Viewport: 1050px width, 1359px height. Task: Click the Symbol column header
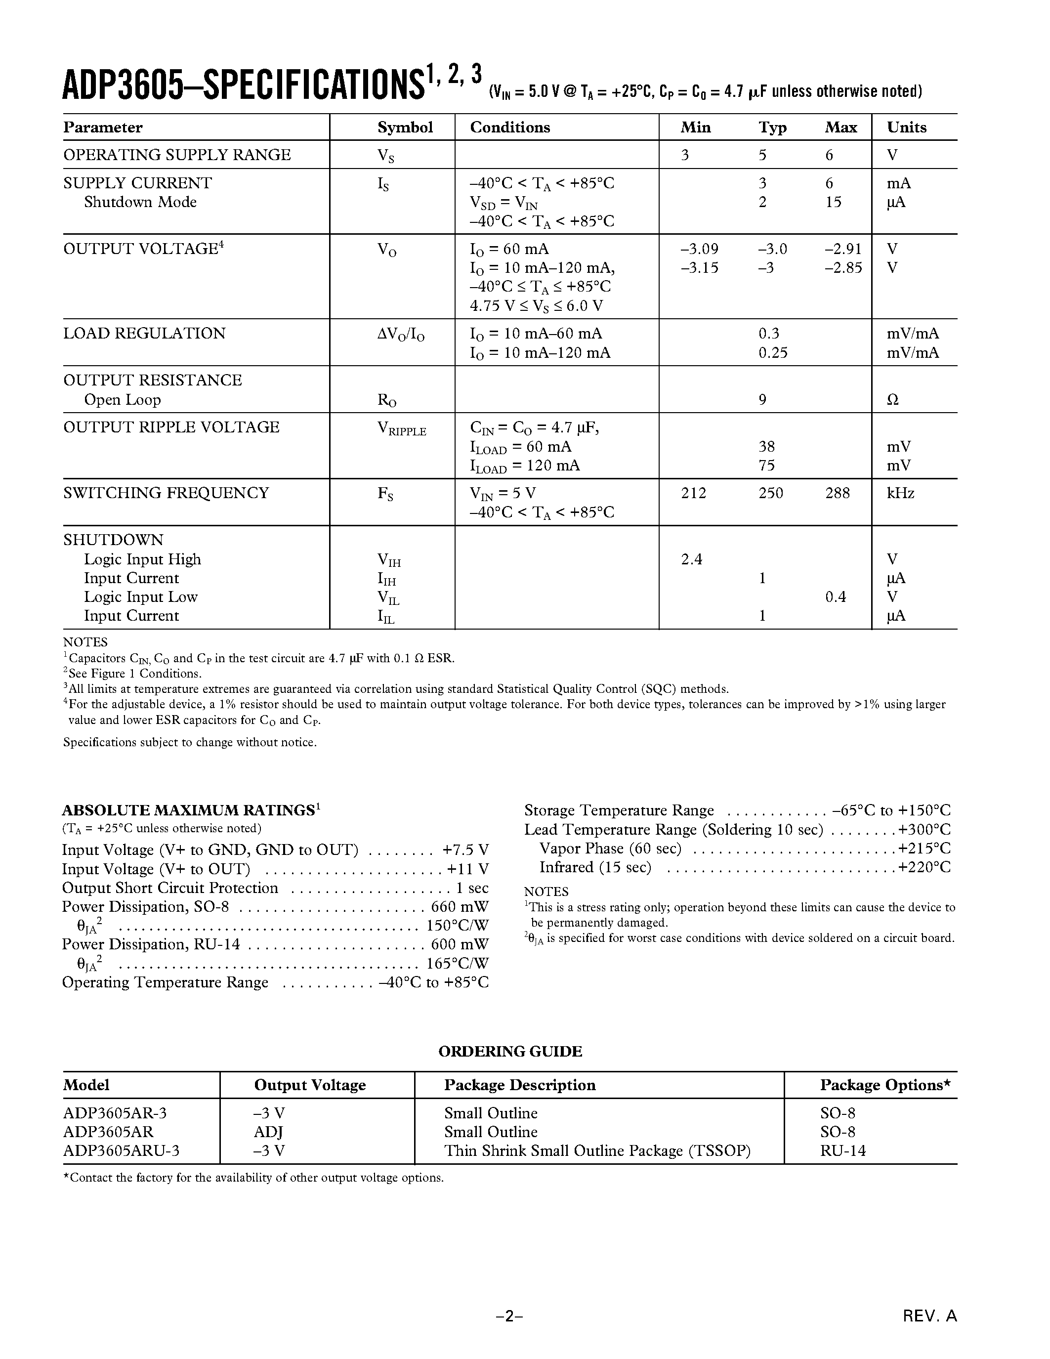coord(405,127)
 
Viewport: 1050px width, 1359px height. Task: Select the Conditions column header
coord(509,127)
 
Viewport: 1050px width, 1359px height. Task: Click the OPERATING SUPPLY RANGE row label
coord(177,155)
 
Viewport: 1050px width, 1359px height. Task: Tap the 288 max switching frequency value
coord(837,494)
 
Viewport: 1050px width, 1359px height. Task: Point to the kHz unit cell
coord(900,494)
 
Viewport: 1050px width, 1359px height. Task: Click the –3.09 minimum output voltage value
coord(699,250)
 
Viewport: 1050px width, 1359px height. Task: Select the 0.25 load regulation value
coord(773,353)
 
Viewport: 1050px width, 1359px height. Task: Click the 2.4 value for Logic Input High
coord(691,559)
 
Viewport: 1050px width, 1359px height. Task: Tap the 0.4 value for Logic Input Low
coord(836,597)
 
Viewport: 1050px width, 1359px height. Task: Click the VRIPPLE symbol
coord(402,430)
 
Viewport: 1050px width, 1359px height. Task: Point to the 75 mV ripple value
coord(766,466)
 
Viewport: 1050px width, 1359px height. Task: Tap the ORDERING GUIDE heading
coord(510,1052)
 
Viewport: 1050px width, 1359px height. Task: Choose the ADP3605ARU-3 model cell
coord(121,1151)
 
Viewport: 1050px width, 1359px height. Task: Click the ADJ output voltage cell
coord(269,1132)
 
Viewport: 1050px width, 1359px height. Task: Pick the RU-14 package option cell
coord(842,1151)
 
